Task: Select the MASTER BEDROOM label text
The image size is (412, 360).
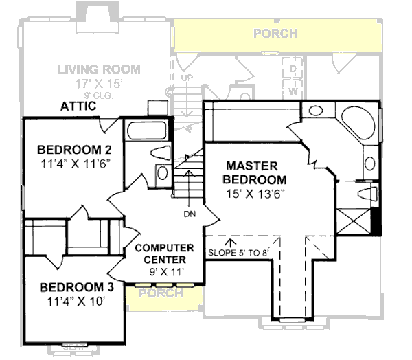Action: (251, 172)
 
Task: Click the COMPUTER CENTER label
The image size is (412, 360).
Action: (159, 254)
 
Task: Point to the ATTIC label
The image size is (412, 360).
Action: (78, 106)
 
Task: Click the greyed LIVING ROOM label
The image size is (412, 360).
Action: (99, 69)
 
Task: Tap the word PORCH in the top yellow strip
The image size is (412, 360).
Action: (275, 33)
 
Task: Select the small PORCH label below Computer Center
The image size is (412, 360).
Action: (160, 293)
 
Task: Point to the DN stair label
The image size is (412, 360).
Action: (190, 213)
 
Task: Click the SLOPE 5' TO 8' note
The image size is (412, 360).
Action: (238, 251)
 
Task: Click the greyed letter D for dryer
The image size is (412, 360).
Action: (292, 69)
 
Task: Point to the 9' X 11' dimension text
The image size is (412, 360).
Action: (159, 271)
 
